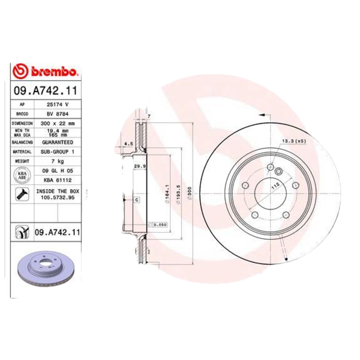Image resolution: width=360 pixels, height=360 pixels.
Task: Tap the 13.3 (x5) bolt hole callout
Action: [x=293, y=141]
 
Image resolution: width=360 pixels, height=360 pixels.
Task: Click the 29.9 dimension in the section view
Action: [x=139, y=166]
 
